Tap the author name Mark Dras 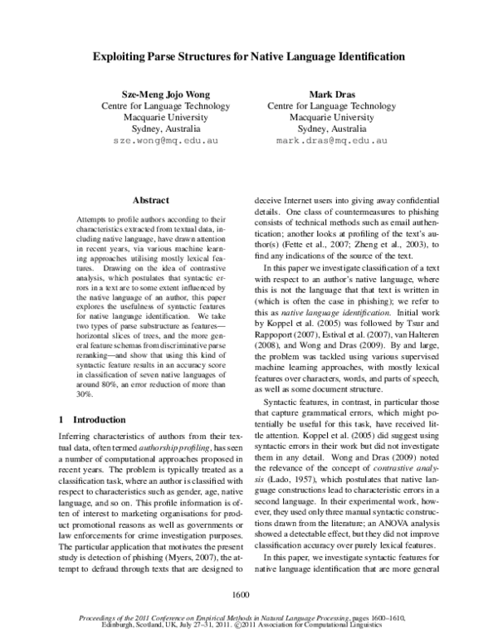(x=330, y=94)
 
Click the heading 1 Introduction (x=91, y=420)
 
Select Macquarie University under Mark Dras (x=330, y=118)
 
